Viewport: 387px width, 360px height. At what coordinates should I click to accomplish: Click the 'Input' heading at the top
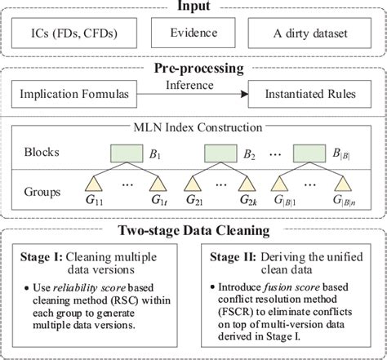point(193,7)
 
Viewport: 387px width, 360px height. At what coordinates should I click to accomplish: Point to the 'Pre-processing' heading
point(193,68)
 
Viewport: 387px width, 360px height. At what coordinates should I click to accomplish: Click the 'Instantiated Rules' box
point(311,96)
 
